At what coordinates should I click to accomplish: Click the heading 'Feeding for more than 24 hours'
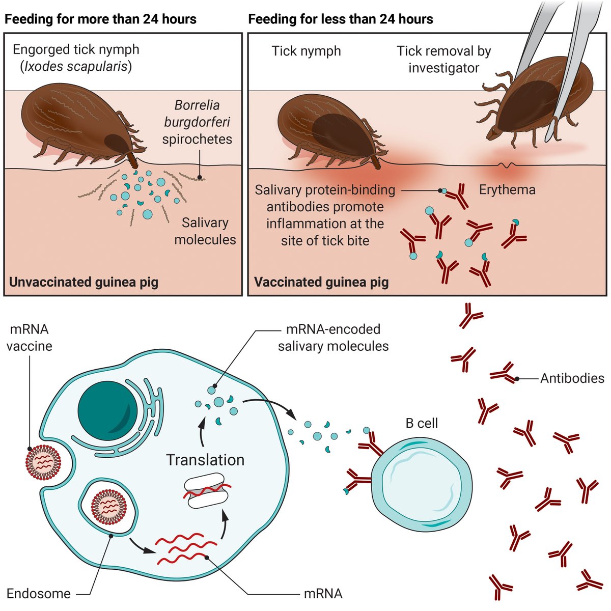pyautogui.click(x=100, y=19)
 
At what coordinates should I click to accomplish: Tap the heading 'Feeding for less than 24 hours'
pyautogui.click(x=340, y=19)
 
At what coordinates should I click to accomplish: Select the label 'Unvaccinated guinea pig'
pyautogui.click(x=84, y=282)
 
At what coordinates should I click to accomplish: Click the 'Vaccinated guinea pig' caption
pyautogui.click(x=321, y=282)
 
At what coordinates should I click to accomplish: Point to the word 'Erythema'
pyautogui.click(x=507, y=190)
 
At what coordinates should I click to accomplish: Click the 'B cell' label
pyautogui.click(x=422, y=423)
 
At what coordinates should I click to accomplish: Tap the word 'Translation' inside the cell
pyautogui.click(x=205, y=460)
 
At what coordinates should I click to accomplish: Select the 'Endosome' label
pyautogui.click(x=39, y=593)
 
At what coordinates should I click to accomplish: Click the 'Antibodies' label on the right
pyautogui.click(x=572, y=378)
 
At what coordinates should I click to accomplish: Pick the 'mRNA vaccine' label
pyautogui.click(x=29, y=338)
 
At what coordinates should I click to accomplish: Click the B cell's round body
pyautogui.click(x=422, y=484)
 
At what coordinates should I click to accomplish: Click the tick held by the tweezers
pyautogui.click(x=540, y=102)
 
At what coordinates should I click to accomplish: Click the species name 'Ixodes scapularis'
pyautogui.click(x=75, y=66)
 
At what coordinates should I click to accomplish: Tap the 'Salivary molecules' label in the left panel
pyautogui.click(x=205, y=231)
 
